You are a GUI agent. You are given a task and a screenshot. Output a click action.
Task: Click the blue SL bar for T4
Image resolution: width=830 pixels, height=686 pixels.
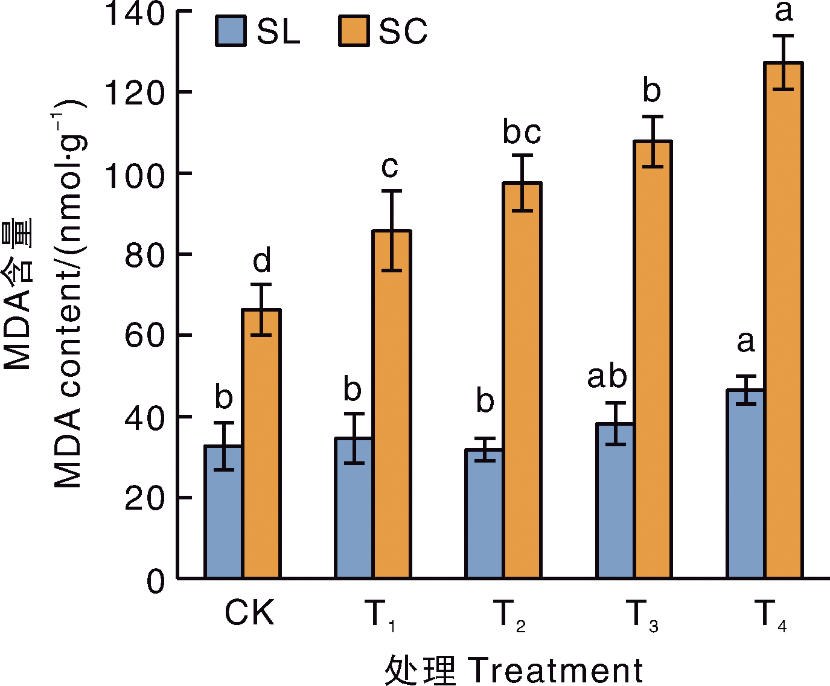745,484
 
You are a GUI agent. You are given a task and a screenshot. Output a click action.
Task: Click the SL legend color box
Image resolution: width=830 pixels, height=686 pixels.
231,31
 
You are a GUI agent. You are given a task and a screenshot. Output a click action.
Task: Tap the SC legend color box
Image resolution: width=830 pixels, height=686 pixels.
354,31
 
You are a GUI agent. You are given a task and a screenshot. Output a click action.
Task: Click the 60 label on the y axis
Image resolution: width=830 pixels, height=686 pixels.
145,336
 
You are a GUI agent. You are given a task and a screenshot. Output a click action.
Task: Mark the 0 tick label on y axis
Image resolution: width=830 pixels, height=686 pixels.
156,581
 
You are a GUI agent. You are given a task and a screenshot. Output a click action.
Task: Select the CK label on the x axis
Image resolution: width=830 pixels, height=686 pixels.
249,614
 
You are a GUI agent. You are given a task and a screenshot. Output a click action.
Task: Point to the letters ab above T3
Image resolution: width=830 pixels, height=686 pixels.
607,377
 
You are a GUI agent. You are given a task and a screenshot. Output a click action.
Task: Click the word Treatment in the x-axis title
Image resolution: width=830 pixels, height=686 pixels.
555,670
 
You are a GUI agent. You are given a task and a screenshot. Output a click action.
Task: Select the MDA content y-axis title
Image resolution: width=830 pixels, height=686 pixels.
68,296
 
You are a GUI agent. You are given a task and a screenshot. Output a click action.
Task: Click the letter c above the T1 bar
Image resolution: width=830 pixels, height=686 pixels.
390,167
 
